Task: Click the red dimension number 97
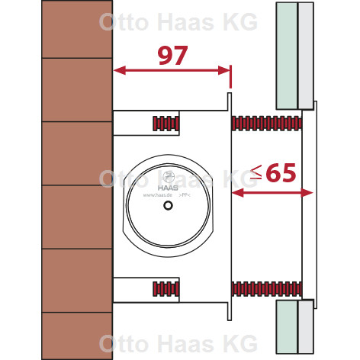pyautogui.click(x=173, y=55)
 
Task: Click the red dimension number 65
pyautogui.click(x=282, y=172)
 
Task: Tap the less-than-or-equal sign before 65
pyautogui.click(x=256, y=172)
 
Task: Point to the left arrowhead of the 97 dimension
pyautogui.click(x=120, y=70)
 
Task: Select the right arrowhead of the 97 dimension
pyautogui.click(x=223, y=70)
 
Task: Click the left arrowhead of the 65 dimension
pyautogui.click(x=238, y=193)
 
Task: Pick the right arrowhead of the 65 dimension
pyautogui.click(x=307, y=193)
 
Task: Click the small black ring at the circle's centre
pyautogui.click(x=168, y=205)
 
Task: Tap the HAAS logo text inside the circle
pyautogui.click(x=168, y=188)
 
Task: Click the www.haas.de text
pyautogui.click(x=158, y=195)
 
